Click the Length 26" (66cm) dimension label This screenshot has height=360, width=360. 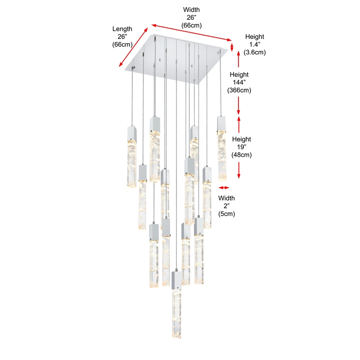pyautogui.click(x=122, y=36)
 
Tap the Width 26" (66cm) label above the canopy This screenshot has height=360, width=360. pyautogui.click(x=191, y=18)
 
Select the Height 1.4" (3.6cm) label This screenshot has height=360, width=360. pyautogui.click(x=255, y=44)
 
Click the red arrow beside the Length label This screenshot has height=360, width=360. pyautogui.click(x=134, y=48)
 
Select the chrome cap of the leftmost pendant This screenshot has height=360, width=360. pyautogui.click(x=130, y=132)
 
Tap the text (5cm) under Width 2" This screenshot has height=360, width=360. pyautogui.click(x=226, y=214)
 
